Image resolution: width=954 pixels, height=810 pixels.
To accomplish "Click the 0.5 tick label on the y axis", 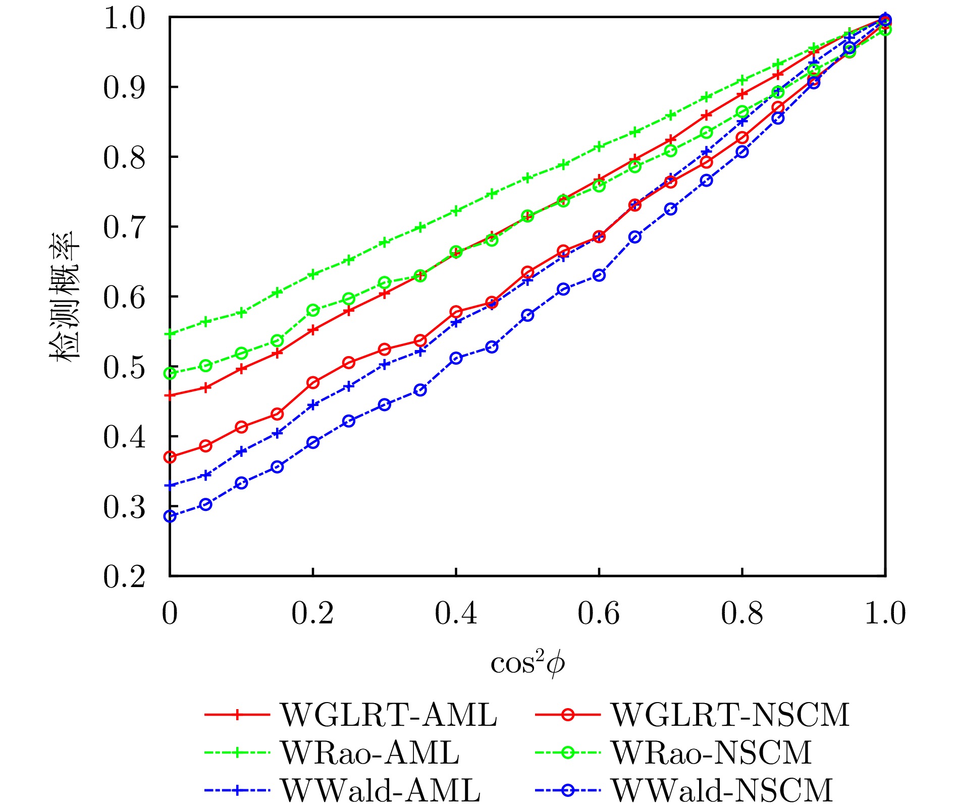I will pos(124,367).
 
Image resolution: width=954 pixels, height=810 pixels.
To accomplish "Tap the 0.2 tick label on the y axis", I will pos(124,576).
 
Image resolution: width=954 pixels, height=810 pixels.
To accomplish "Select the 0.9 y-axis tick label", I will pos(124,88).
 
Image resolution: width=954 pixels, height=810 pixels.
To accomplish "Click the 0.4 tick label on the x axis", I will pos(456,614).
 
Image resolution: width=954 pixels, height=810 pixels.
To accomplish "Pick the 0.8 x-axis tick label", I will pos(741,614).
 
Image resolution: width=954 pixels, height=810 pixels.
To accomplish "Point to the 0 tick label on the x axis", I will pos(170,614).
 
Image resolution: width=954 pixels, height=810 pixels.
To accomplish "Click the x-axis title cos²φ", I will pos(527,663).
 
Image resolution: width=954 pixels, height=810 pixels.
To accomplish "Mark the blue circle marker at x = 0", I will pos(170,516).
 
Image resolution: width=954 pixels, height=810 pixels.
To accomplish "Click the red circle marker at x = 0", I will pos(170,457).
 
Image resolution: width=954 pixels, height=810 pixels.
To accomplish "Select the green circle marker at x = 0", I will pos(170,373).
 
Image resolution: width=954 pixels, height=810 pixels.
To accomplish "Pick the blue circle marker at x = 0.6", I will pos(599,275).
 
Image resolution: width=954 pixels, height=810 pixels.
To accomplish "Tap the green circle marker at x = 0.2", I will pos(313,310).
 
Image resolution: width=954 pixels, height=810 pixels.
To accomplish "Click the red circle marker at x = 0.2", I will pos(313,382).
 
